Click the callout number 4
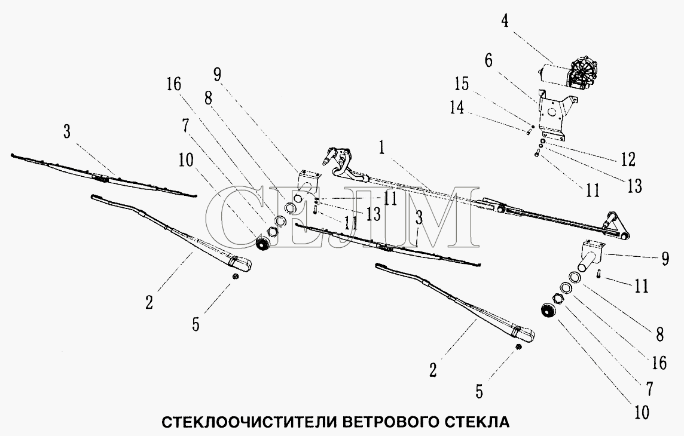504,20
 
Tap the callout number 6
488,60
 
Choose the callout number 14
457,108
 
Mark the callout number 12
628,159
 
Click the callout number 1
381,149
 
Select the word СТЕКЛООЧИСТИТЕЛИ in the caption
249,422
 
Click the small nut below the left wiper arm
235,277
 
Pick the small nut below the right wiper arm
518,346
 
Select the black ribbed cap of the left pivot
262,244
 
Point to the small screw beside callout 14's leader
529,130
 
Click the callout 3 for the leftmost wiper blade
67,131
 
